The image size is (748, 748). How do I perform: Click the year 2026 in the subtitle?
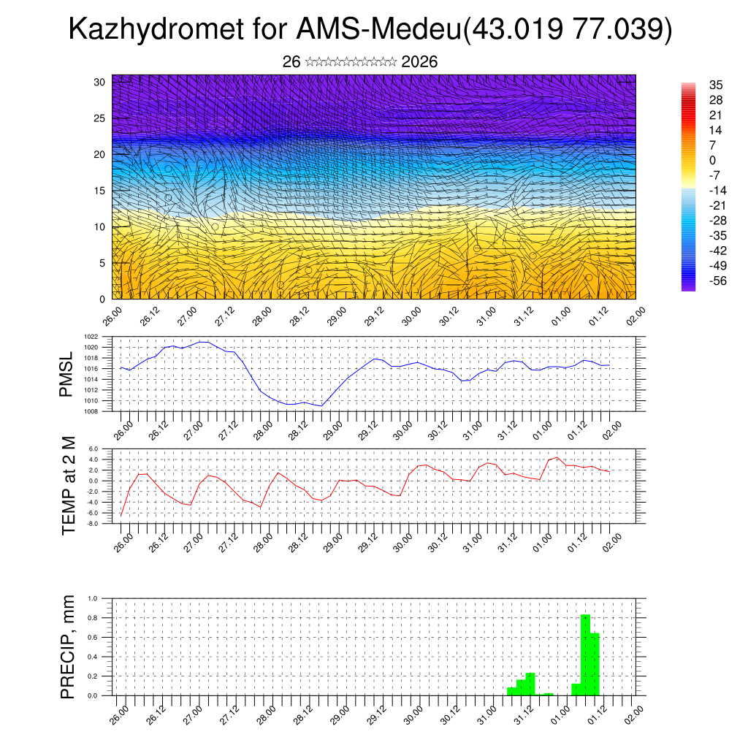pyautogui.click(x=419, y=62)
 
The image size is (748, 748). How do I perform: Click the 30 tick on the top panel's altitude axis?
pyautogui.click(x=100, y=82)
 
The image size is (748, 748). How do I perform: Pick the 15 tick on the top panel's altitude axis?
pyautogui.click(x=100, y=191)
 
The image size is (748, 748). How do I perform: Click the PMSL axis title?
pyautogui.click(x=67, y=374)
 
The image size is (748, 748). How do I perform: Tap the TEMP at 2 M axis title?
pyautogui.click(x=69, y=485)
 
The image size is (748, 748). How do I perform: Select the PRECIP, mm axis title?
pyautogui.click(x=69, y=646)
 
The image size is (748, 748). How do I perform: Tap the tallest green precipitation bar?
pyautogui.click(x=585, y=654)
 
